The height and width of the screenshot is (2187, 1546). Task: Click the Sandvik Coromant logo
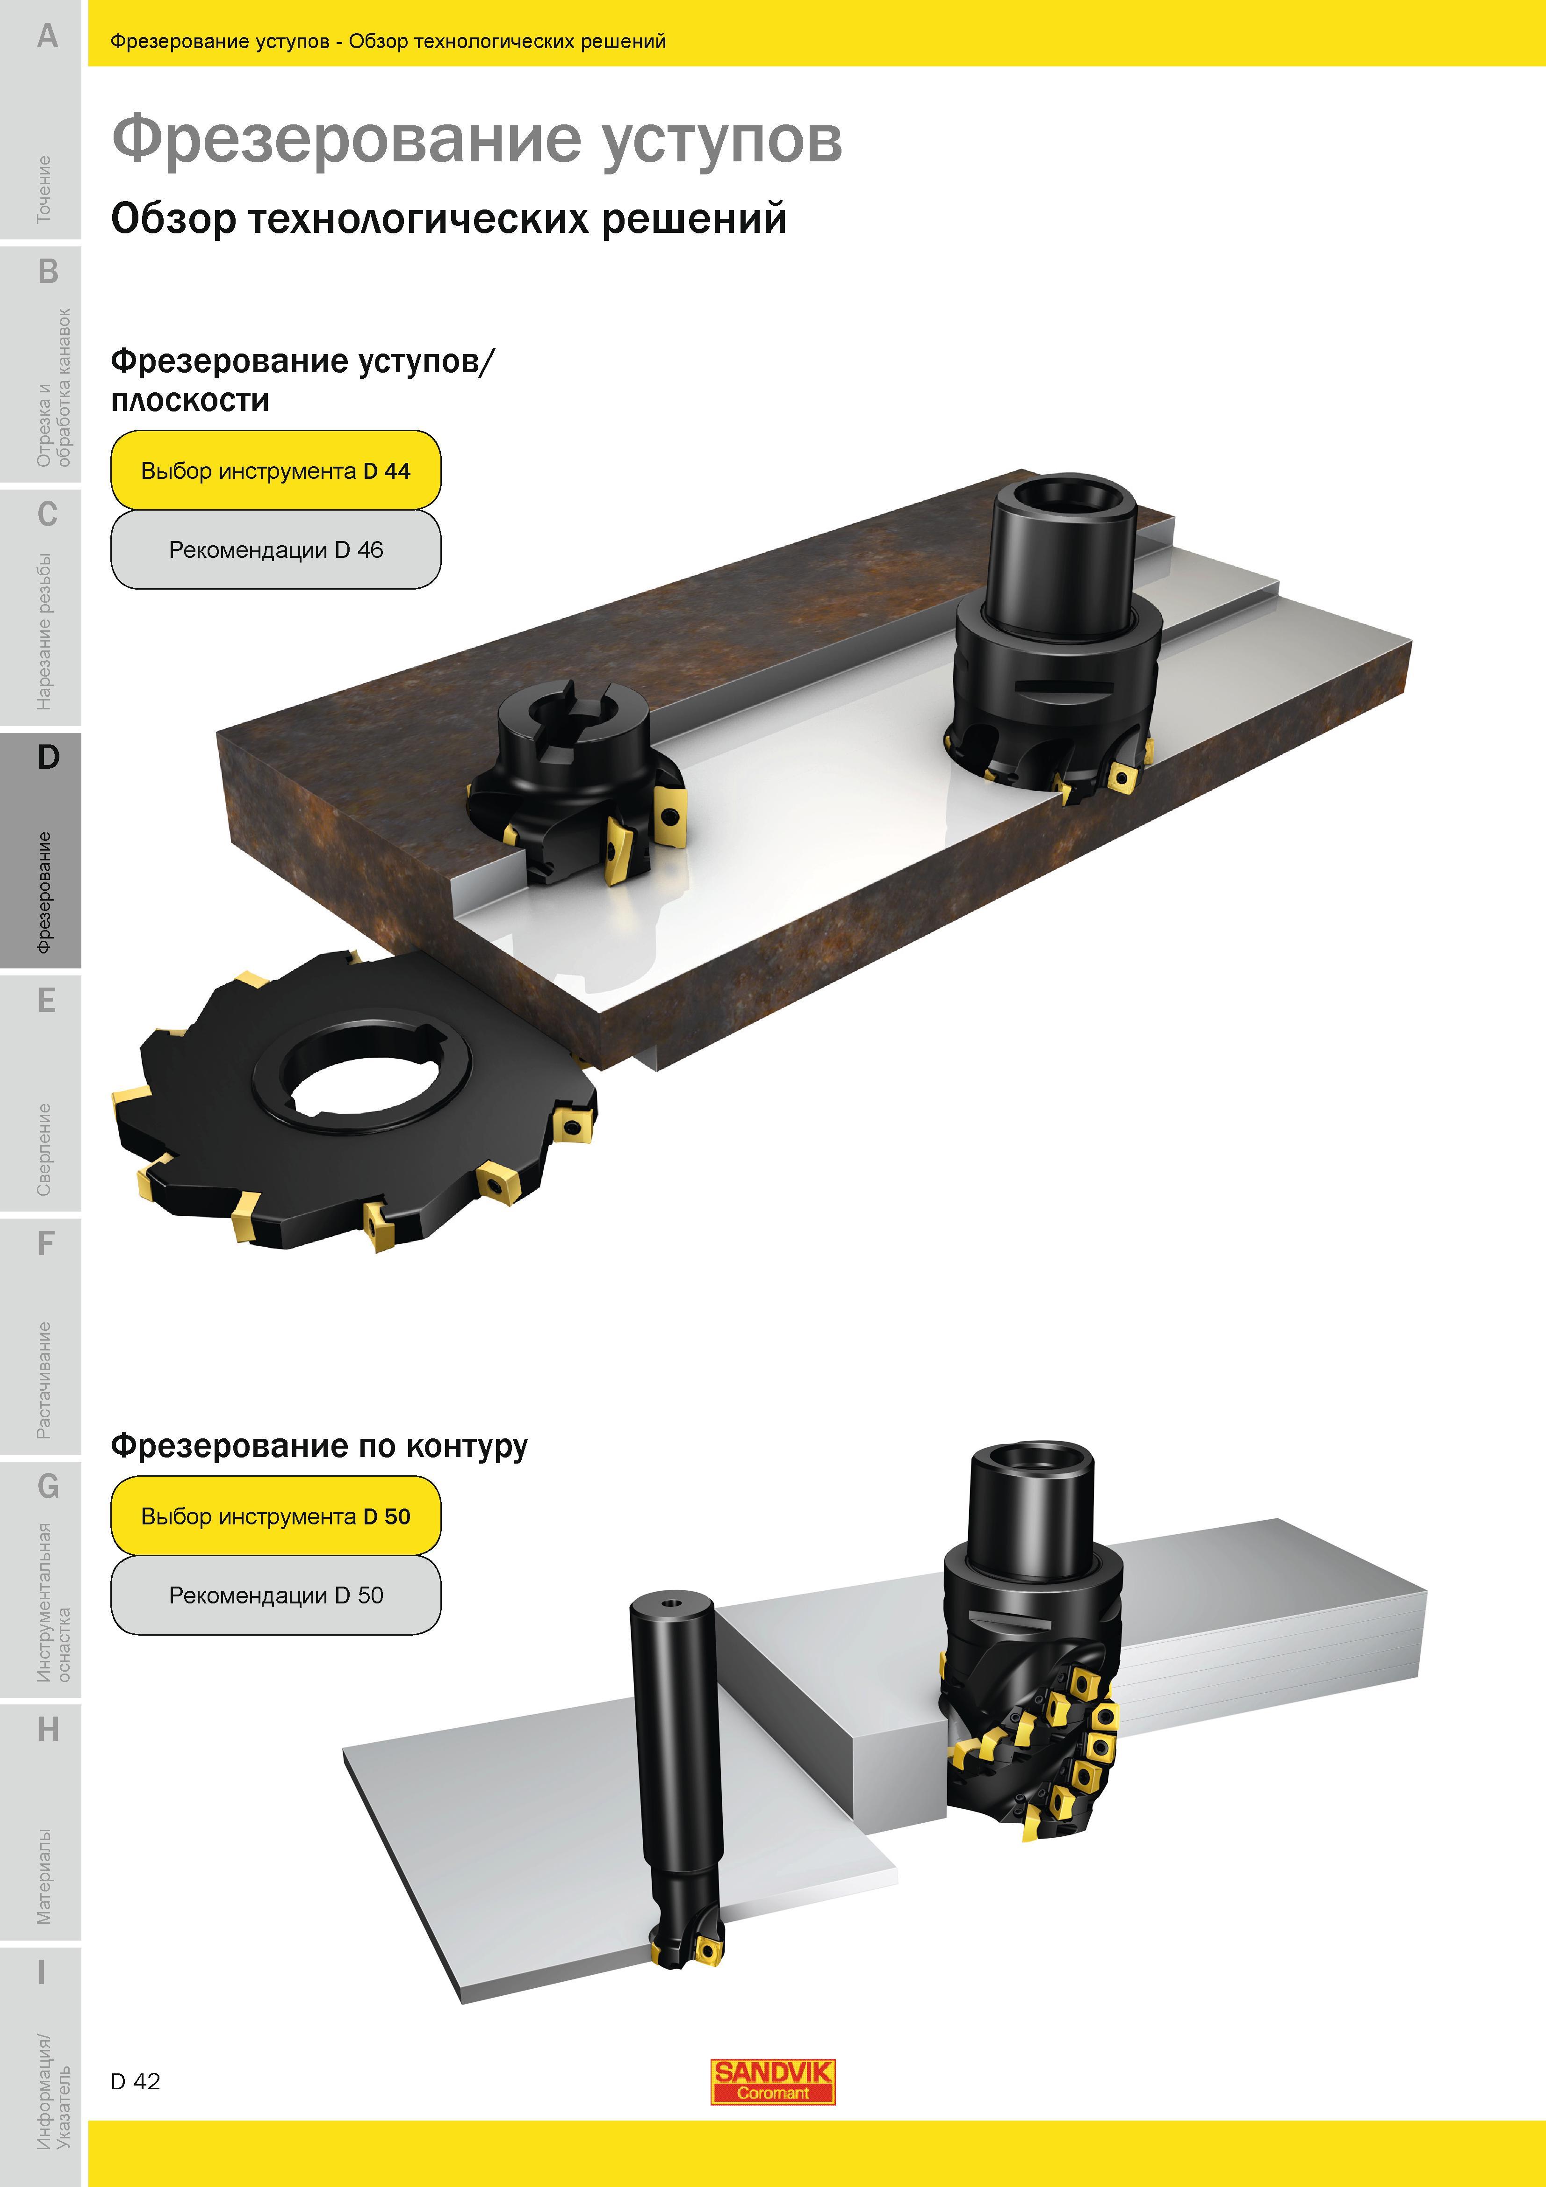(772, 2080)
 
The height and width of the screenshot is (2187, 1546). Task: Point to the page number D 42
(135, 2081)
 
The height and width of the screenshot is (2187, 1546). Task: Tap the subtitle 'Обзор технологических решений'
(449, 218)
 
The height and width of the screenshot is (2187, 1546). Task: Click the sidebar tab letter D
(48, 757)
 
